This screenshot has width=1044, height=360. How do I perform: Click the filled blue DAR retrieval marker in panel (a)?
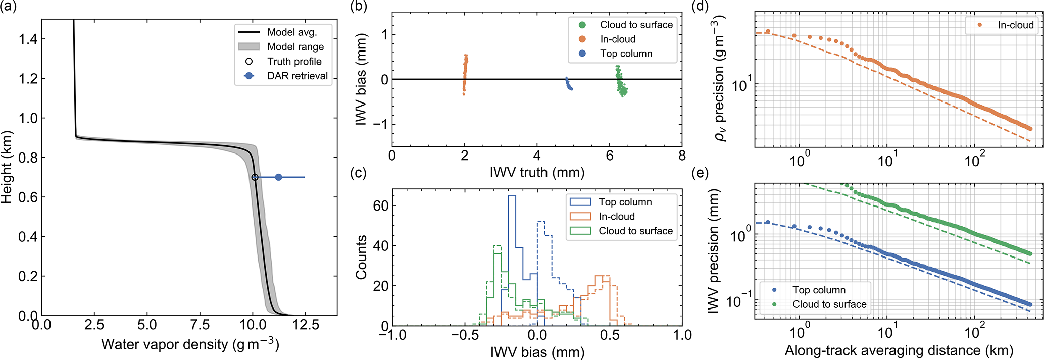278,177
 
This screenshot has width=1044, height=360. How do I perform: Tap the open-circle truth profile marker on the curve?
255,177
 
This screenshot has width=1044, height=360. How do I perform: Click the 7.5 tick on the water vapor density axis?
201,325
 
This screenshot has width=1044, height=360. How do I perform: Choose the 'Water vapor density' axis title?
190,344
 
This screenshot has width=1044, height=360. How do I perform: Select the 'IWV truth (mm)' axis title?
537,172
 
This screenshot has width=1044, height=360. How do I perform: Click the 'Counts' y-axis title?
361,257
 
